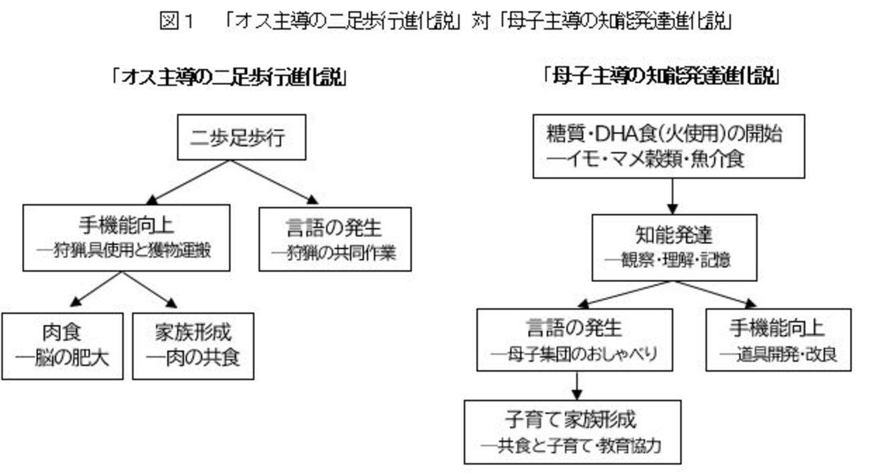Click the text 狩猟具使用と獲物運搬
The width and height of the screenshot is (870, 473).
click(x=124, y=251)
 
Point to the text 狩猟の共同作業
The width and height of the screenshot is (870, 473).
click(x=334, y=253)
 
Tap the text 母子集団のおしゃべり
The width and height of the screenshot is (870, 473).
click(x=574, y=354)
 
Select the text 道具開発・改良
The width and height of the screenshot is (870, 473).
click(x=778, y=354)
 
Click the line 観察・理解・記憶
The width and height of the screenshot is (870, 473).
click(x=668, y=260)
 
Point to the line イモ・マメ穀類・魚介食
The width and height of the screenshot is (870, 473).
click(x=645, y=159)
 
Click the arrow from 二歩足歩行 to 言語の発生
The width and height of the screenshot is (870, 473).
click(x=274, y=182)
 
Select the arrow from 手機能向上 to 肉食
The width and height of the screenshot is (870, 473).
click(x=96, y=289)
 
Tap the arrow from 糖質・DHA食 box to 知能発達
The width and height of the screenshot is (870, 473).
click(x=673, y=196)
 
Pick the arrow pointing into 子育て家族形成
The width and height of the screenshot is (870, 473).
click(x=577, y=385)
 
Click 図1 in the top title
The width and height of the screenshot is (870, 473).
click(x=177, y=21)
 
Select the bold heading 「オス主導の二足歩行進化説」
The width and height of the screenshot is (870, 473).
click(x=229, y=77)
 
